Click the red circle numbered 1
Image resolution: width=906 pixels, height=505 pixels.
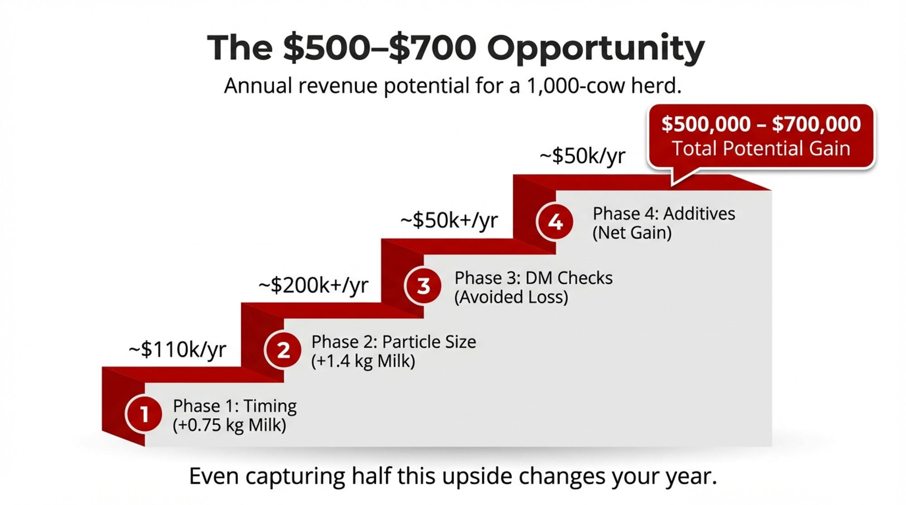pyautogui.click(x=144, y=414)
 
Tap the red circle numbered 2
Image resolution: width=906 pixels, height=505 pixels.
pyautogui.click(x=283, y=350)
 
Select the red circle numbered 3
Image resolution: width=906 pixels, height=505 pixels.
pyautogui.click(x=423, y=286)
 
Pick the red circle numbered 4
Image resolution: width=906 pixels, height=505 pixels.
pyautogui.click(x=555, y=222)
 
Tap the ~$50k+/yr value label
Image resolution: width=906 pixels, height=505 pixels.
pyautogui.click(x=449, y=221)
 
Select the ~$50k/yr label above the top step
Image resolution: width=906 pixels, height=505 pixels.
pyautogui.click(x=583, y=156)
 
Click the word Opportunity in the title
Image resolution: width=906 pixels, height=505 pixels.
pyautogui.click(x=596, y=49)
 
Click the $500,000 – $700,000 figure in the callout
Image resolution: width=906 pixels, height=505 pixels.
pyautogui.click(x=761, y=124)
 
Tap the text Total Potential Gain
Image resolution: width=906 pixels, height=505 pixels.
pyautogui.click(x=761, y=148)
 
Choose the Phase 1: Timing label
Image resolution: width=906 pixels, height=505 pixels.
pyautogui.click(x=235, y=406)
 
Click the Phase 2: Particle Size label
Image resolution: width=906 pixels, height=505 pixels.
pyautogui.click(x=394, y=342)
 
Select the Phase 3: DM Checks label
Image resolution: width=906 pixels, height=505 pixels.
pyautogui.click(x=534, y=278)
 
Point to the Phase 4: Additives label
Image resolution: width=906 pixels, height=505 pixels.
pyautogui.click(x=664, y=214)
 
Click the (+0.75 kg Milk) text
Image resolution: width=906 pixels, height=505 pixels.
pyautogui.click(x=229, y=425)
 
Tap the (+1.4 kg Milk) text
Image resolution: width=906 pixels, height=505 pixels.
pyautogui.click(x=363, y=361)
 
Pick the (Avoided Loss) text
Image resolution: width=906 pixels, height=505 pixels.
pyautogui.click(x=511, y=297)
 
